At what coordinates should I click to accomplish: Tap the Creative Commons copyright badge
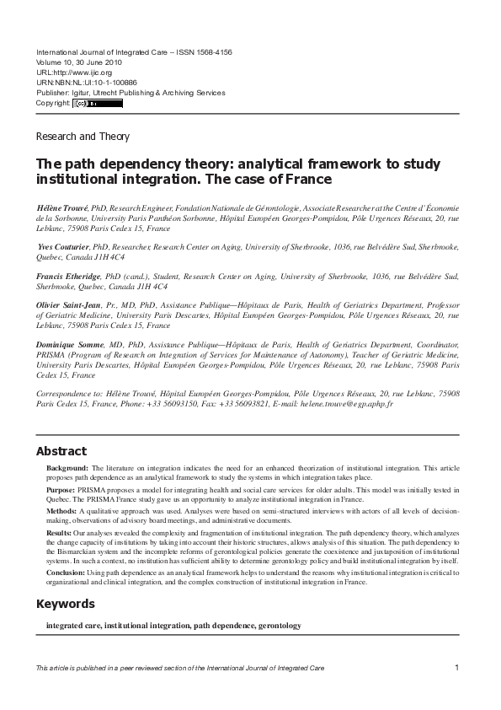(97, 104)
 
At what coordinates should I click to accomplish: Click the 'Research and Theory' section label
(83, 137)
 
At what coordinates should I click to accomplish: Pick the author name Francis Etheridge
(69, 276)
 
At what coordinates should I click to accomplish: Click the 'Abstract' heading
(61, 451)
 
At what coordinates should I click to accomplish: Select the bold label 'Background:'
(67, 467)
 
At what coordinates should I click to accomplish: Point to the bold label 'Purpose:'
(61, 489)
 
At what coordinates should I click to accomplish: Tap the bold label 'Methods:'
(62, 511)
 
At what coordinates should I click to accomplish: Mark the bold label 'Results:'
(60, 533)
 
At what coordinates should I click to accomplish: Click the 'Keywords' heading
(65, 604)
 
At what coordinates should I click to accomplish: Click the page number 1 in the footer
(456, 668)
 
